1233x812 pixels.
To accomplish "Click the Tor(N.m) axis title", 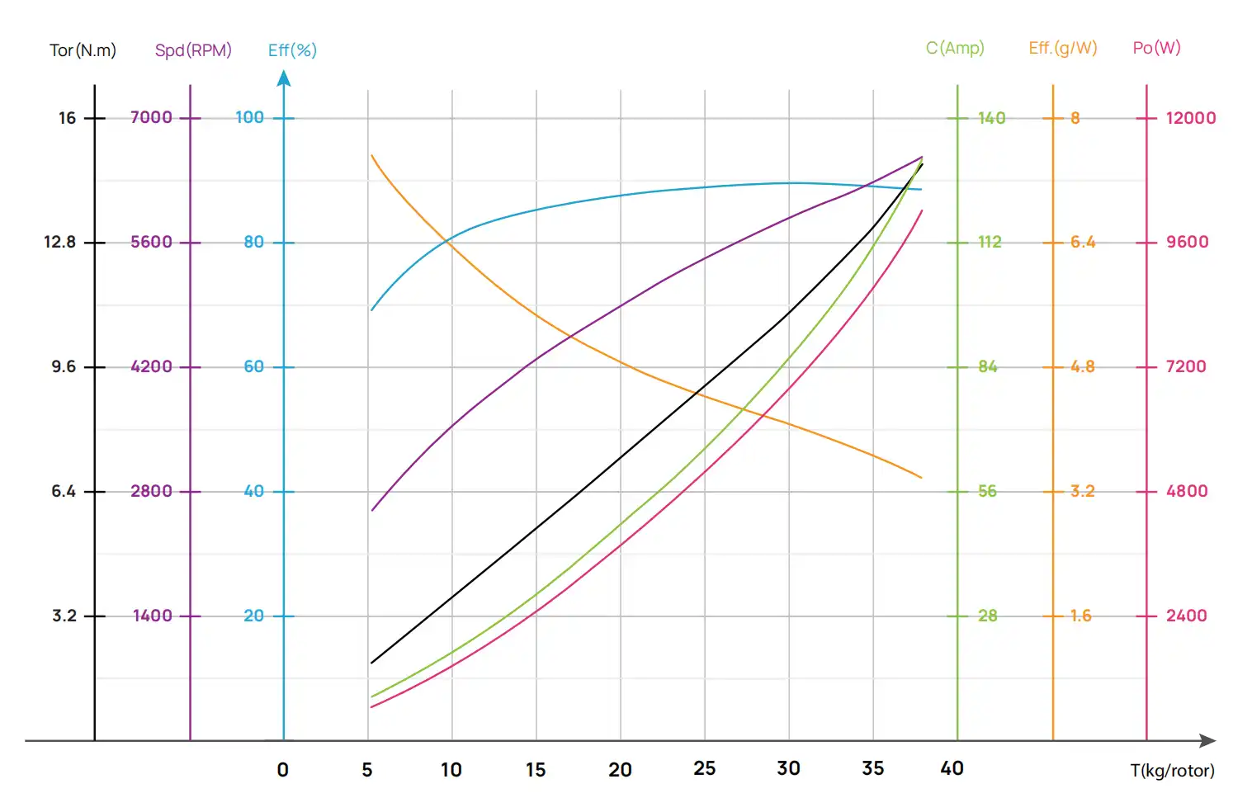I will tap(83, 50).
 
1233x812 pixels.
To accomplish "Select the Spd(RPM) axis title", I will tap(193, 50).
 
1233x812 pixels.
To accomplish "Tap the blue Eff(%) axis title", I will tap(292, 50).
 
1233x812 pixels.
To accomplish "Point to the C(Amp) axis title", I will tap(955, 48).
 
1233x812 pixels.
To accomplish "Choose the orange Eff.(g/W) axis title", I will tap(1063, 48).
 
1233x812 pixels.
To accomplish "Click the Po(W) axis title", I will tap(1156, 48).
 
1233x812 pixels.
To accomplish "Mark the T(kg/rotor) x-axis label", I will tap(1172, 771).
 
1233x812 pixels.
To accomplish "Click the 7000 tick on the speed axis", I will tap(152, 118).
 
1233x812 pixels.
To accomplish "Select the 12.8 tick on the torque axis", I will tap(59, 243).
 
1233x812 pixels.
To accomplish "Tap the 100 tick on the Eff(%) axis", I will tap(249, 118).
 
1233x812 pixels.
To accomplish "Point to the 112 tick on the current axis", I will tap(990, 243).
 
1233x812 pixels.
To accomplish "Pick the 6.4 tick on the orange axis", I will tap(1083, 243).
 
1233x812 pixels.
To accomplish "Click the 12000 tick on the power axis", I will tap(1190, 118).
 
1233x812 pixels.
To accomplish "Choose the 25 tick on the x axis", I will tap(704, 769).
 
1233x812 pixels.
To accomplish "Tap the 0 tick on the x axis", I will tap(283, 770).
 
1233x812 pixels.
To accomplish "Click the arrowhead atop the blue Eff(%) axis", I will tap(284, 78).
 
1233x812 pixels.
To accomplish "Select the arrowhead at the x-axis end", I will tap(1208, 740).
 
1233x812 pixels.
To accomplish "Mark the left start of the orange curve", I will tap(372, 155).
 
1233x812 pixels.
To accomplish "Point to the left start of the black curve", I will tap(372, 662).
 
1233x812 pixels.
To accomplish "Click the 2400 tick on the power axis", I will tap(1186, 616).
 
